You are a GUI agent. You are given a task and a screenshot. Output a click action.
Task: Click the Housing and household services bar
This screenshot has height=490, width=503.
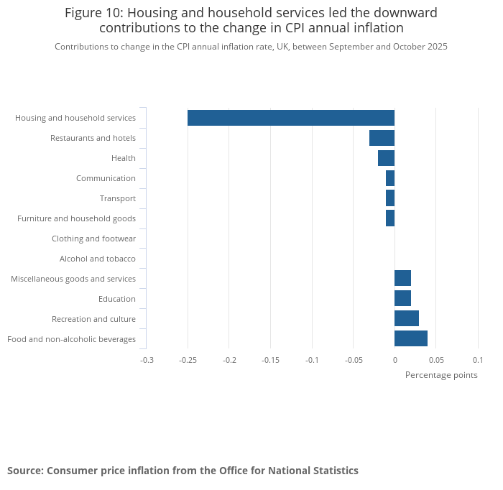(x=291, y=118)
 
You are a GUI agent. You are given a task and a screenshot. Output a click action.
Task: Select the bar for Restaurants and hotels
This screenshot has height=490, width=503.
(x=382, y=138)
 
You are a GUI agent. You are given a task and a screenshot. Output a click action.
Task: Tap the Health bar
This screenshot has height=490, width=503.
(x=386, y=158)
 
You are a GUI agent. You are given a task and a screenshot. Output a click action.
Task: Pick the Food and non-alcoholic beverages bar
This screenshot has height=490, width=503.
(x=411, y=338)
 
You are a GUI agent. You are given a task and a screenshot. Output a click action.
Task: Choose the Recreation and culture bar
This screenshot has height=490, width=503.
(x=407, y=318)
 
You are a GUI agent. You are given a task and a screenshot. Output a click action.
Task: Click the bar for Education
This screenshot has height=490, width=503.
(x=402, y=298)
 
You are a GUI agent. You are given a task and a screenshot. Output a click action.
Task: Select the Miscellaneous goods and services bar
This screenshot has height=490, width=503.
(x=402, y=278)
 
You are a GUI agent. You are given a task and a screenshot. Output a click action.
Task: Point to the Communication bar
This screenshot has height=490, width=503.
(x=390, y=178)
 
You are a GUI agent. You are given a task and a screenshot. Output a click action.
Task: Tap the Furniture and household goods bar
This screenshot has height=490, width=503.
(x=390, y=218)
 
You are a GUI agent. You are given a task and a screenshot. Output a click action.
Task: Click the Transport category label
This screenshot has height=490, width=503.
(x=118, y=198)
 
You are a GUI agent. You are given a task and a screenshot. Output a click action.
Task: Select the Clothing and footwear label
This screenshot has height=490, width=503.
(x=93, y=239)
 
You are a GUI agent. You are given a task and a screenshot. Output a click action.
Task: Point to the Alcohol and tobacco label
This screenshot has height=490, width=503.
(x=98, y=259)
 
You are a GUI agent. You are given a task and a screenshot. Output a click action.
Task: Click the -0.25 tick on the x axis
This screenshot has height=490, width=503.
(x=188, y=360)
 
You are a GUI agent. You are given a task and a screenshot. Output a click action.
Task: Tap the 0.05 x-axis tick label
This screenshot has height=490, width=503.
(x=436, y=360)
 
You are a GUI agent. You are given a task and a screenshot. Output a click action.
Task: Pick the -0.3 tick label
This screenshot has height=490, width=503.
(x=147, y=360)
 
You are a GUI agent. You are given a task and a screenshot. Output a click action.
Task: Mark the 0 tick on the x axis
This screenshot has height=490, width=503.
(x=394, y=360)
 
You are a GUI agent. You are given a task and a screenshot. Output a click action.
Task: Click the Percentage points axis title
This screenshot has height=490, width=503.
(x=441, y=375)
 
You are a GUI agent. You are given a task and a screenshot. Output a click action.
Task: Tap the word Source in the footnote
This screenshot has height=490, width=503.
(x=24, y=471)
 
